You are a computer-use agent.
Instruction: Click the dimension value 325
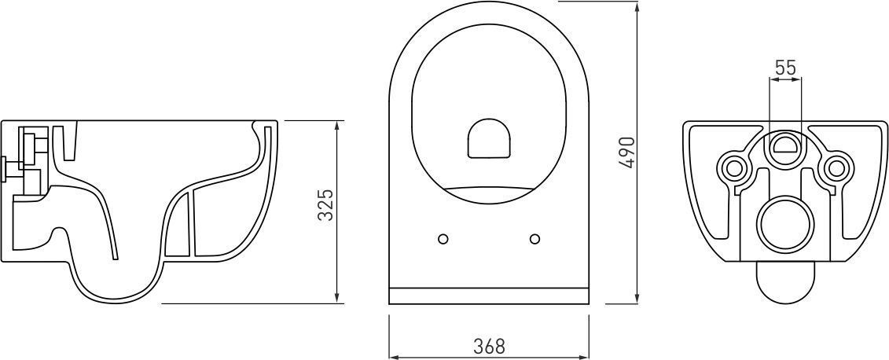(x=325, y=204)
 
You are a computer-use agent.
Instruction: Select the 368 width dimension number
(x=489, y=345)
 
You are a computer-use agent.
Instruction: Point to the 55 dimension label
(x=785, y=68)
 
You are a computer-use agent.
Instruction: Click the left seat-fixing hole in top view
(x=443, y=239)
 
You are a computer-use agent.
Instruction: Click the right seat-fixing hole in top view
(x=535, y=239)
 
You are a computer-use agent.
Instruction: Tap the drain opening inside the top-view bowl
(x=489, y=138)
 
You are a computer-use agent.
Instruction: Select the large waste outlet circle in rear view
(x=786, y=225)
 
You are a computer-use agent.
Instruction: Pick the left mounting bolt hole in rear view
(x=735, y=167)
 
